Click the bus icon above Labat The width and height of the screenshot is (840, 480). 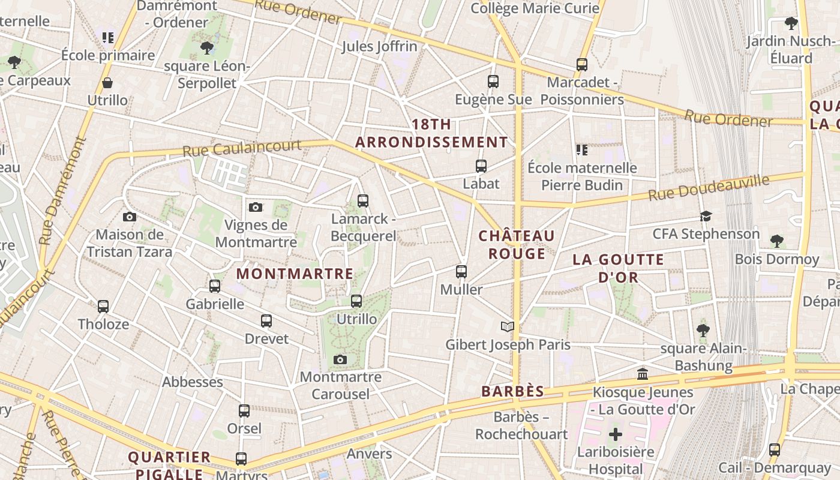[x=481, y=166]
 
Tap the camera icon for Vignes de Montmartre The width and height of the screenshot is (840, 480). [x=256, y=208]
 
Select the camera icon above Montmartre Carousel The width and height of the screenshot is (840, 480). [x=340, y=360]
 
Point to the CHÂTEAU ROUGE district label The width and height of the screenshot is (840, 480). [x=517, y=244]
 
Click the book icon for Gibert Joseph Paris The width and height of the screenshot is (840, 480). [x=508, y=327]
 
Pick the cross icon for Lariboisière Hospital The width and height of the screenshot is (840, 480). [x=616, y=434]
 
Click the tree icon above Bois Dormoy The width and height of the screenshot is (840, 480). [x=777, y=241]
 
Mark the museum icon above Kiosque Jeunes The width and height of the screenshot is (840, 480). [x=643, y=374]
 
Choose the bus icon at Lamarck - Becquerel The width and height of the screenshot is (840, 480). [x=363, y=201]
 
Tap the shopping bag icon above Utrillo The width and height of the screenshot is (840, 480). [x=107, y=83]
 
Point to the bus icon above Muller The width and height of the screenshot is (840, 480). [x=461, y=272]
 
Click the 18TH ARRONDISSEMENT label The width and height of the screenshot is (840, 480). [x=431, y=133]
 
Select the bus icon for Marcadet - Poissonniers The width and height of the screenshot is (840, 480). [x=581, y=65]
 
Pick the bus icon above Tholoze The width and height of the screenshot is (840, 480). [x=103, y=307]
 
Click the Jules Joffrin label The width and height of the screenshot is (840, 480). [x=379, y=46]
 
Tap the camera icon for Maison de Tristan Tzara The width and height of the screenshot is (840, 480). [x=129, y=217]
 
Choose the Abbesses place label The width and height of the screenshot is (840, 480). [x=193, y=382]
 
